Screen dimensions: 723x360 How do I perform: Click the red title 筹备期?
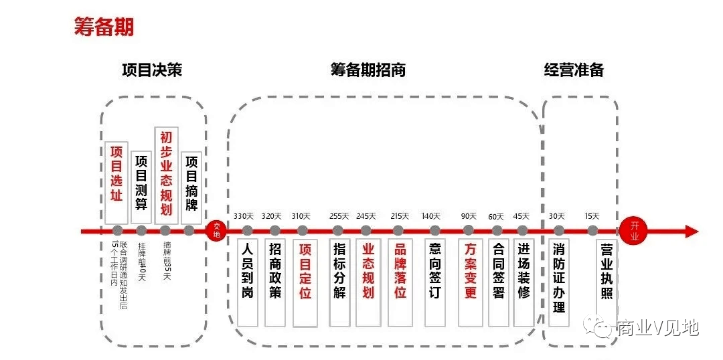(104, 27)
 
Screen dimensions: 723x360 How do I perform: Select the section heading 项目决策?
(152, 70)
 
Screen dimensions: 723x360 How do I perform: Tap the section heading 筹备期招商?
(368, 70)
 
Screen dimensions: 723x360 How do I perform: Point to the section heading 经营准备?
(574, 70)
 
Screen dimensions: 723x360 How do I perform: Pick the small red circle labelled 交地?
(216, 231)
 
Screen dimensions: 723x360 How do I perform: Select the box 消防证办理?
(558, 281)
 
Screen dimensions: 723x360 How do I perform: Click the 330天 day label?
(244, 216)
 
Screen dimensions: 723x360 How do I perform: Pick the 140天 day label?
(431, 216)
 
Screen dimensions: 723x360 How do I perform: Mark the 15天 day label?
(592, 216)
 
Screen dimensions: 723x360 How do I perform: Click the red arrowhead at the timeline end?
(691, 232)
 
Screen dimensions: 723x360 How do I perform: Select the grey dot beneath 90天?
(469, 231)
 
